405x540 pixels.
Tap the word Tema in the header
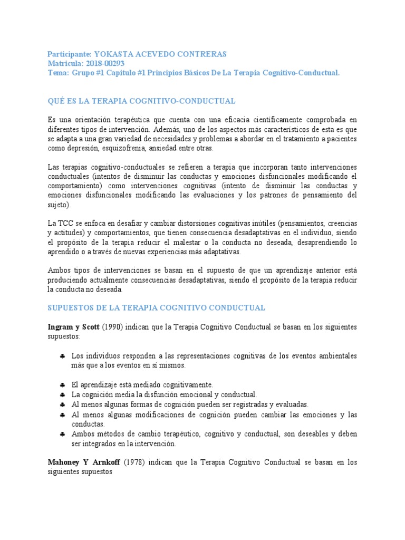[57, 73]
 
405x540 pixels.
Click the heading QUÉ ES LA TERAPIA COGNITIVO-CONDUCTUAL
[141, 100]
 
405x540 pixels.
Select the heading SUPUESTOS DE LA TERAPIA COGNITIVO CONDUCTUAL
[156, 307]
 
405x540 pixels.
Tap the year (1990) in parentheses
[113, 327]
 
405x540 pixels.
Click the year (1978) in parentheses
[135, 462]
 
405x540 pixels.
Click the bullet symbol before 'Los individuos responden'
[62, 357]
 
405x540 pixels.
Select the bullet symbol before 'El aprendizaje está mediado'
[62, 385]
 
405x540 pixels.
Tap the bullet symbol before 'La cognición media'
[62, 395]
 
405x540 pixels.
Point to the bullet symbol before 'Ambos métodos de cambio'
[62, 434]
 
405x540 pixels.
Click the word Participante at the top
[69, 54]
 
